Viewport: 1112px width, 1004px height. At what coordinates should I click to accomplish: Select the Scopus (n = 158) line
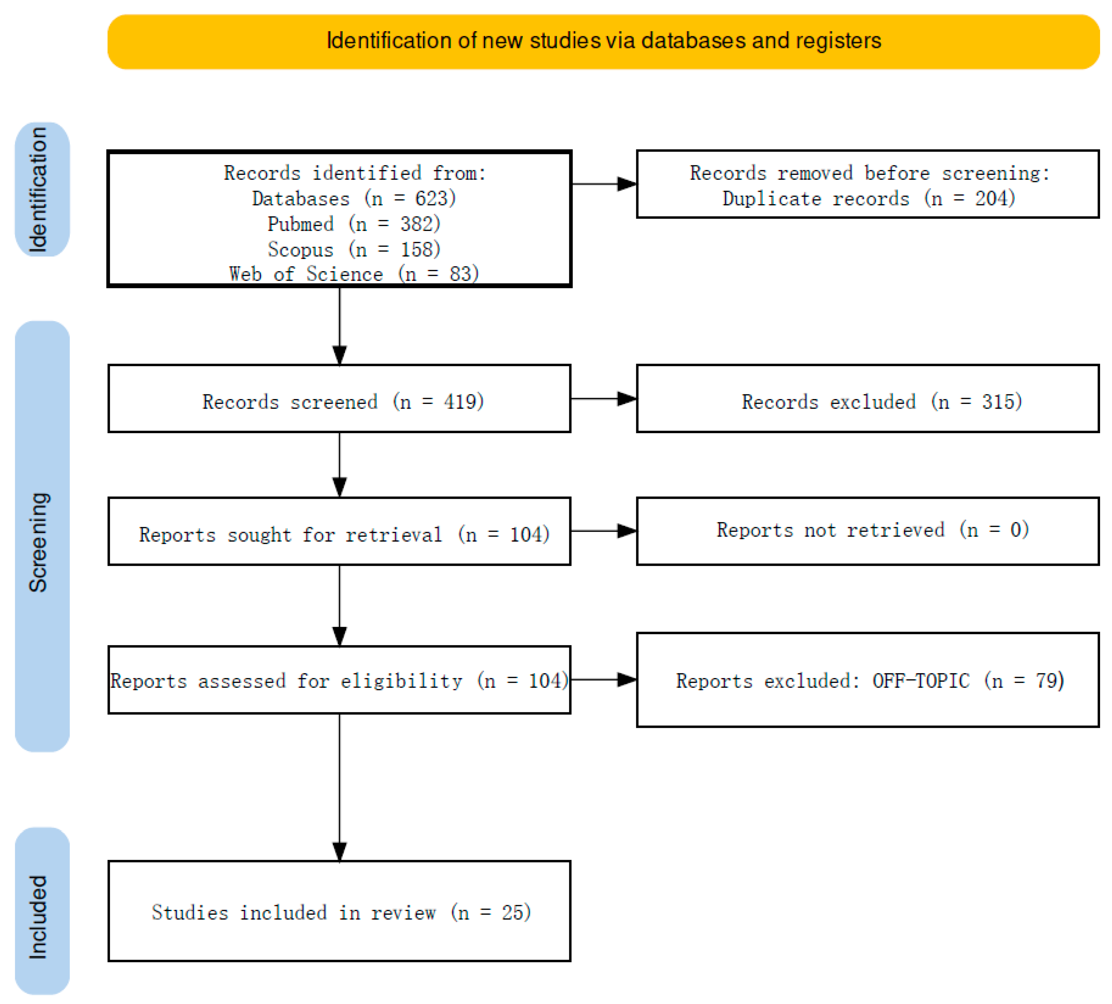354,249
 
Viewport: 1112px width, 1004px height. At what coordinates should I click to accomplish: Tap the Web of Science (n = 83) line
354,273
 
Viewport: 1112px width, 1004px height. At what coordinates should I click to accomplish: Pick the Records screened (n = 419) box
339,398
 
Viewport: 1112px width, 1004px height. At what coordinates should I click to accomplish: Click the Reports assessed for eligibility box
339,680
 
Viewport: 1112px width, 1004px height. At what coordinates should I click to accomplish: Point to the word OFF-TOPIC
920,681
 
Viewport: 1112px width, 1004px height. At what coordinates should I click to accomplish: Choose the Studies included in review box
339,911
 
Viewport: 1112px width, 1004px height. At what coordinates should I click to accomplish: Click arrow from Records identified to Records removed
604,184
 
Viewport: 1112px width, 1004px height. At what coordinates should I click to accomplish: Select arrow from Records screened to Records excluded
604,398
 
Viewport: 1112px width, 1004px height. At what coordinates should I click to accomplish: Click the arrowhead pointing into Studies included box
340,851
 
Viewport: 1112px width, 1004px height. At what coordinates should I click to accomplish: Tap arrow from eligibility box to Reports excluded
604,680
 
